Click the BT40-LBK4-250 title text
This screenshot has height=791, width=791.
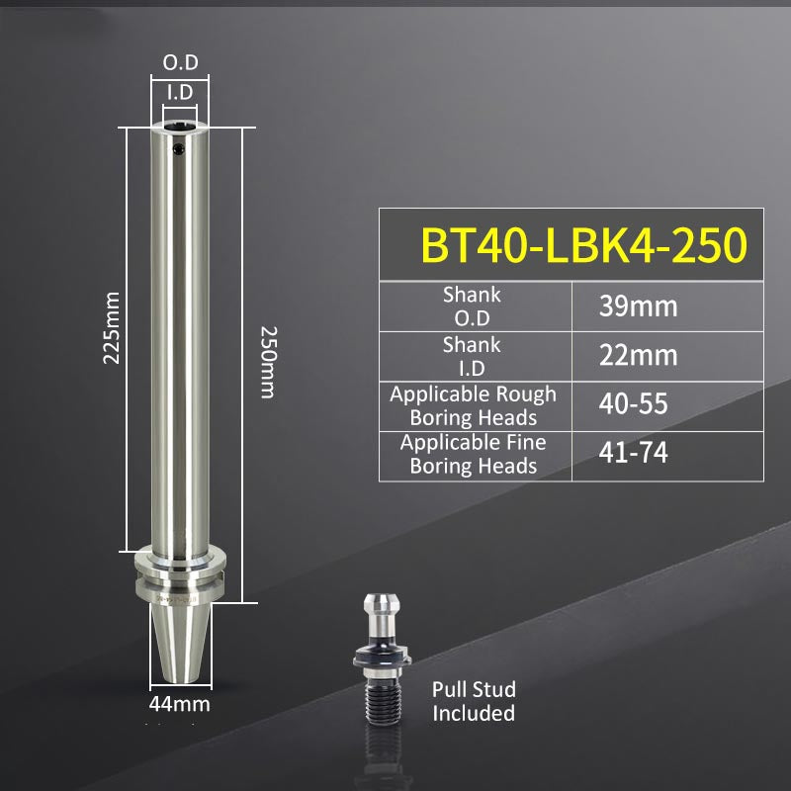tap(583, 245)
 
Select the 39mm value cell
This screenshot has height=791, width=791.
tap(638, 306)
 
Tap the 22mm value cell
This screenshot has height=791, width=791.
tap(638, 354)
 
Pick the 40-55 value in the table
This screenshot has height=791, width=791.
tap(633, 404)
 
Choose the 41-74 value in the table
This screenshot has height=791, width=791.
tap(633, 453)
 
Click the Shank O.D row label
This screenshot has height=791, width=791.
tap(472, 306)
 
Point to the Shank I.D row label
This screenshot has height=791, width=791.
tap(472, 355)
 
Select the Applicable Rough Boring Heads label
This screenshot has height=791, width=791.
tap(473, 405)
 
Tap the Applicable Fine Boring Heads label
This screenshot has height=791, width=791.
tap(473, 454)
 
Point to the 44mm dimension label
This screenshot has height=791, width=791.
tap(179, 705)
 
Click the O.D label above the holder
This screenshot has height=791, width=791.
tap(180, 63)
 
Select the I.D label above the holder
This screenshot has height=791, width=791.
tap(180, 92)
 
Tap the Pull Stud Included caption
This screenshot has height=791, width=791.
tap(474, 701)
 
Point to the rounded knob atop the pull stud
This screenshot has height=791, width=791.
tap(380, 605)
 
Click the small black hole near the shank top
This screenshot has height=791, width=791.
tap(179, 150)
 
